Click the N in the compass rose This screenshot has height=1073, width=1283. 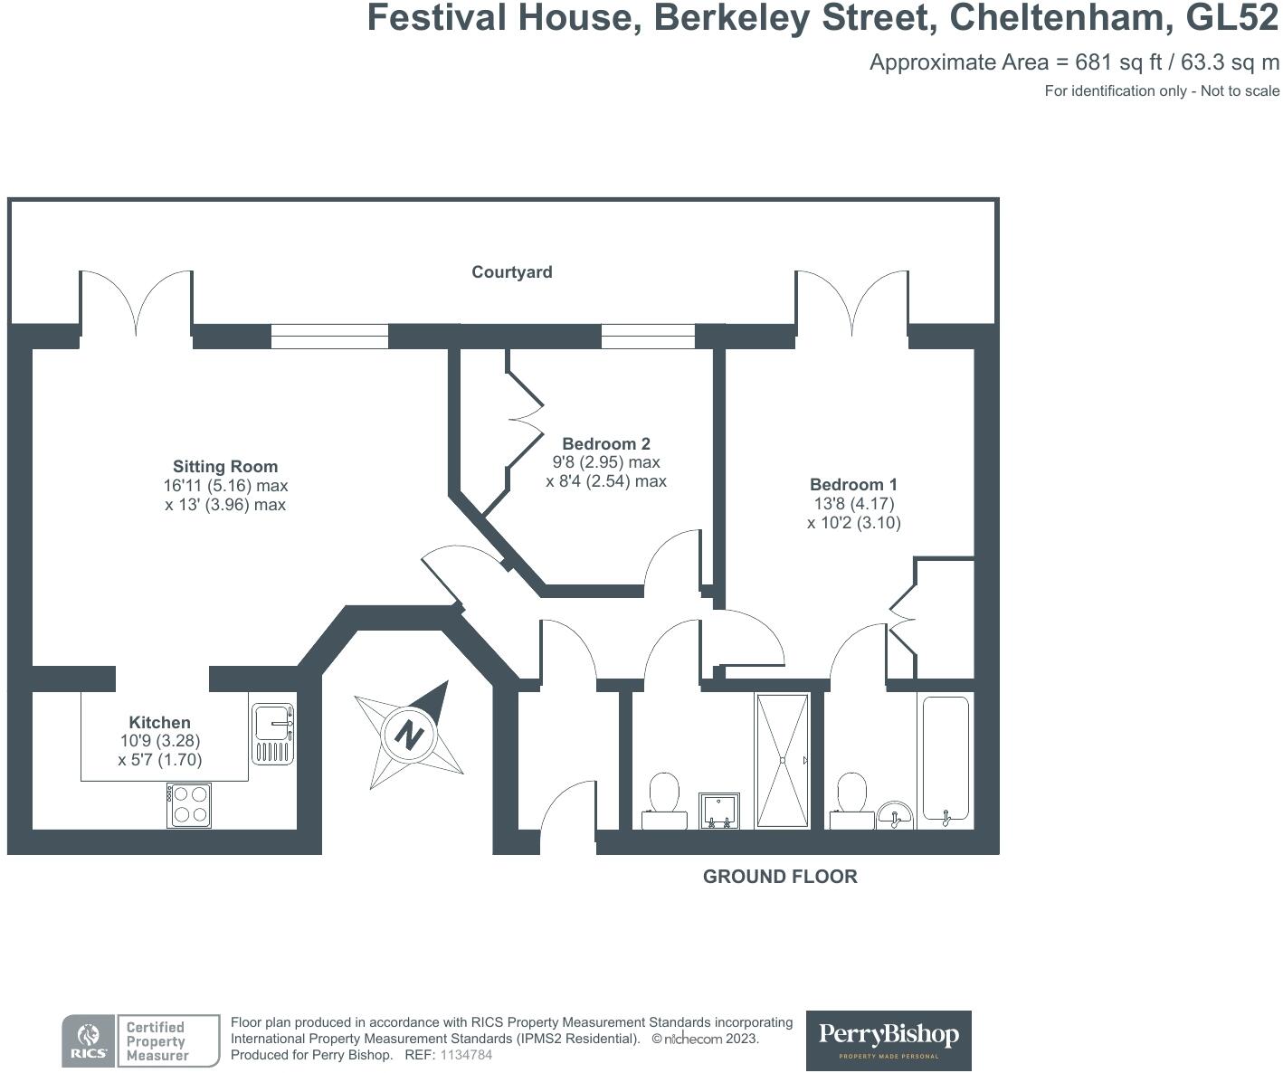pyautogui.click(x=409, y=734)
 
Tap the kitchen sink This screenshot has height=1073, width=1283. pyautogui.click(x=272, y=733)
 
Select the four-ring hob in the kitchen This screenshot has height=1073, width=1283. pyautogui.click(x=189, y=804)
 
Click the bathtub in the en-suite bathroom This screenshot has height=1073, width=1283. pyautogui.click(x=946, y=759)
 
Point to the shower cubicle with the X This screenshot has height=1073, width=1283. pyautogui.click(x=783, y=760)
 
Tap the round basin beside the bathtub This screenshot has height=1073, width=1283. pyautogui.click(x=895, y=814)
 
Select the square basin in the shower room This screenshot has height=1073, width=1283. pyautogui.click(x=719, y=811)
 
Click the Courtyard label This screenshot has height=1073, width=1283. pyautogui.click(x=511, y=272)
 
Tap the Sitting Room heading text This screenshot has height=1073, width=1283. pyautogui.click(x=225, y=467)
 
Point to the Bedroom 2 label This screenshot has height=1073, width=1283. pyautogui.click(x=606, y=443)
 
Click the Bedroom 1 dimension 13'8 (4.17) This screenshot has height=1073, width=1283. pyautogui.click(x=853, y=504)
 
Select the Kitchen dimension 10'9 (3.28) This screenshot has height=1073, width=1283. pyautogui.click(x=160, y=741)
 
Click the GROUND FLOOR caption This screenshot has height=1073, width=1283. pyautogui.click(x=780, y=877)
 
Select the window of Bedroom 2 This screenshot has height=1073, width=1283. pyautogui.click(x=648, y=337)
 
